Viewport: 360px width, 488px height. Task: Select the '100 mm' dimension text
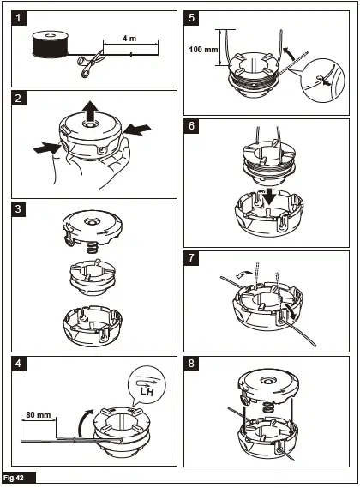tap(203, 49)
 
